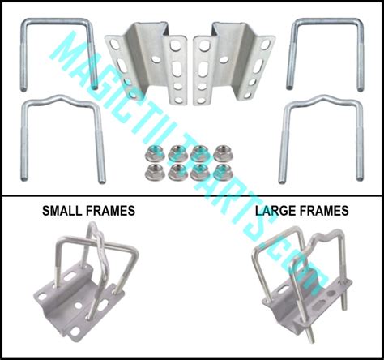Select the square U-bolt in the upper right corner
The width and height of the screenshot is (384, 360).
(x=325, y=24)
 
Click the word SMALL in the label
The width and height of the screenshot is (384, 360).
(x=63, y=211)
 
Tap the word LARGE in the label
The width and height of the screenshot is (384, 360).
(x=275, y=211)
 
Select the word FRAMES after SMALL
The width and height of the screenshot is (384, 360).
(x=109, y=211)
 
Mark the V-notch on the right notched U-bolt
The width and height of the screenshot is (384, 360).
(x=319, y=99)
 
